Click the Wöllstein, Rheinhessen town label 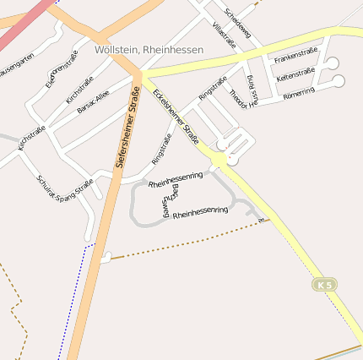(149, 50)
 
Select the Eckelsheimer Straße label (176, 115)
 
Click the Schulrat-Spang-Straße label (64, 187)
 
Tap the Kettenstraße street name (296, 76)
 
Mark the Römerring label (301, 92)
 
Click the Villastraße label (224, 37)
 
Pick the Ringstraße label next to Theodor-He (214, 87)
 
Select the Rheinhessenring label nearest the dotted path (200, 211)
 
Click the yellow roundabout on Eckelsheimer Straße (221, 158)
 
